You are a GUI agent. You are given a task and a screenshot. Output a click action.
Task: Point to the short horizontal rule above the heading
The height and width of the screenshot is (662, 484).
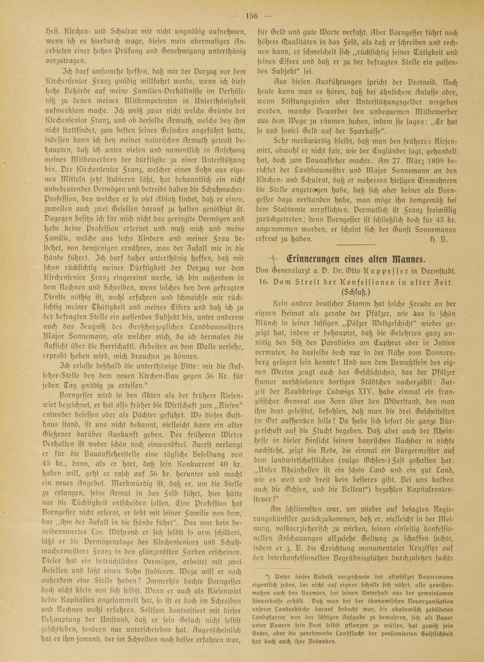(356, 244)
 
